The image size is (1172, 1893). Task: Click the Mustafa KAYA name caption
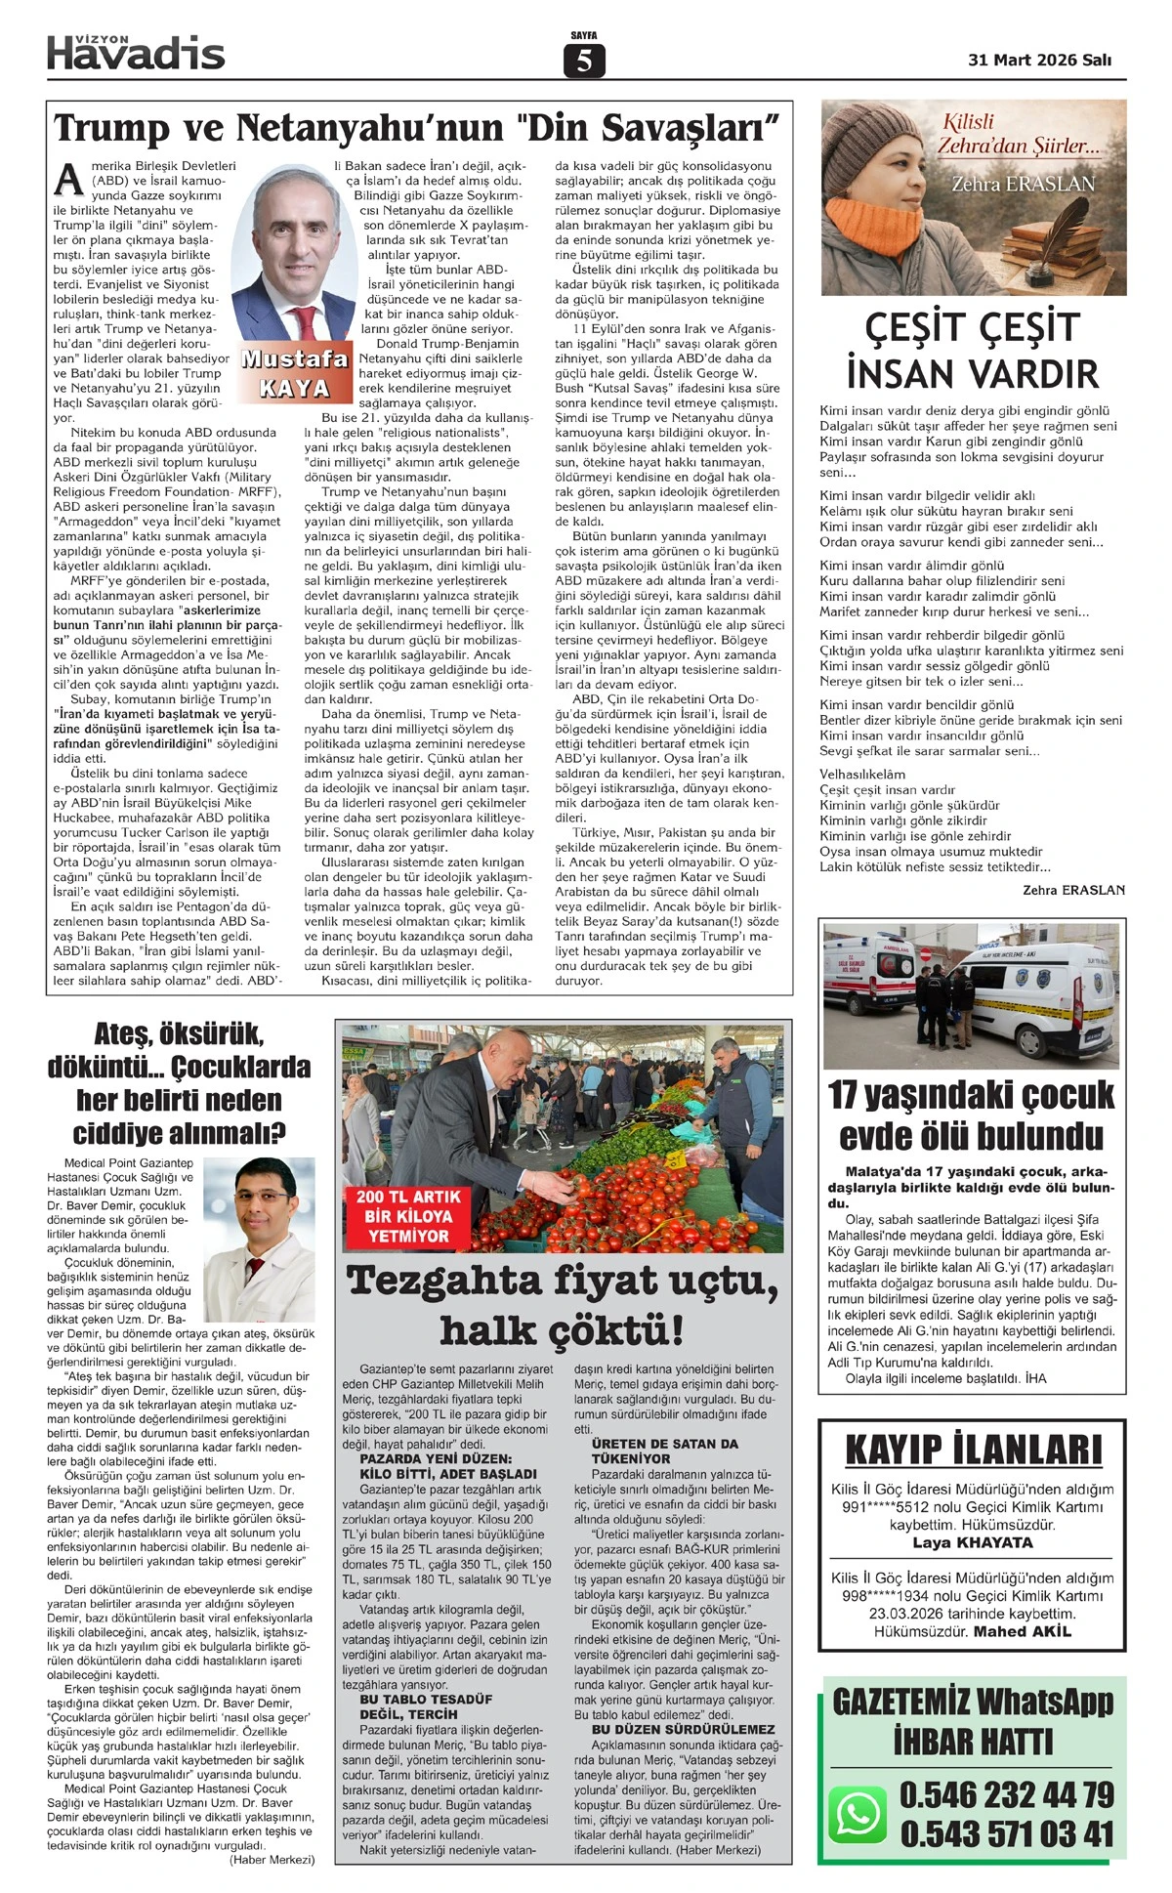(294, 372)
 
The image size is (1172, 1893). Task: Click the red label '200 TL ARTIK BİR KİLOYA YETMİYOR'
(407, 1216)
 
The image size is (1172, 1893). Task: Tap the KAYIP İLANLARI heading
(973, 1450)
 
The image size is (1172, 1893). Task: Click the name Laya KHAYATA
(972, 1543)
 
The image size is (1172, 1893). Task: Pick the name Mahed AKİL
(1022, 1631)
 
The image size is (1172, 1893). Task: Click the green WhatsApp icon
(858, 1814)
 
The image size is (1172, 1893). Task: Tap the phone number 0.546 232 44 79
(1006, 1794)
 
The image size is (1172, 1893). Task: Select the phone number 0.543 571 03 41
(1006, 1833)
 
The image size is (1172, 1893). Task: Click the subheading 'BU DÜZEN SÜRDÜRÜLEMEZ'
(683, 1729)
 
